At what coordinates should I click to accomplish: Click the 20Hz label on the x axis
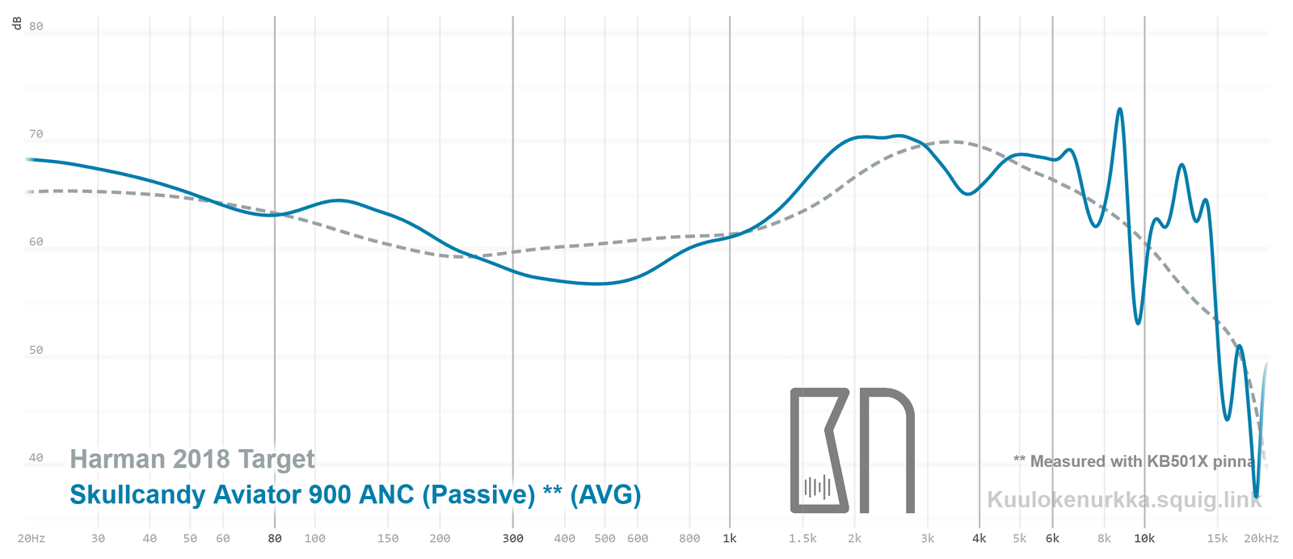pos(32,539)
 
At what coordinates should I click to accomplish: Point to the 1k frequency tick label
pos(730,539)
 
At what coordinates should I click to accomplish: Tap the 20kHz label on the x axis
pos(1261,539)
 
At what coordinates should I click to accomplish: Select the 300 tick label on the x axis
pos(513,539)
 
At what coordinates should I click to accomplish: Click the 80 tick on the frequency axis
pos(275,539)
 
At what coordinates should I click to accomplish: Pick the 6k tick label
pos(1052,539)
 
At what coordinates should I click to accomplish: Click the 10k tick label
pos(1144,539)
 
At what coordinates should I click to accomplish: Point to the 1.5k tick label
pos(802,539)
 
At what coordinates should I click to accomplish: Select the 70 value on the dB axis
pos(36,134)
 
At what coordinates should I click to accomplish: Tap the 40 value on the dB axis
pos(36,458)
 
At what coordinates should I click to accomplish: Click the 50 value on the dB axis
pos(36,351)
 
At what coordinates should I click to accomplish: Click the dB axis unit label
pos(17,24)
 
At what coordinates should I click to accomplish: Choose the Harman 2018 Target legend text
pos(192,459)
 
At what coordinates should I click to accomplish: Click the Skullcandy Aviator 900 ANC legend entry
pos(355,494)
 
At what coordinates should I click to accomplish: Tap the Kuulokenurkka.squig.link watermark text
pos(1124,499)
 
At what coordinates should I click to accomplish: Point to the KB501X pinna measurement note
pos(1135,461)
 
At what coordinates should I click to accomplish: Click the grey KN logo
pos(852,450)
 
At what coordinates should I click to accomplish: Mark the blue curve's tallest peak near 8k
pos(1119,109)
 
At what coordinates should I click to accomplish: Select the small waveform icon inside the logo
pos(817,487)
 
